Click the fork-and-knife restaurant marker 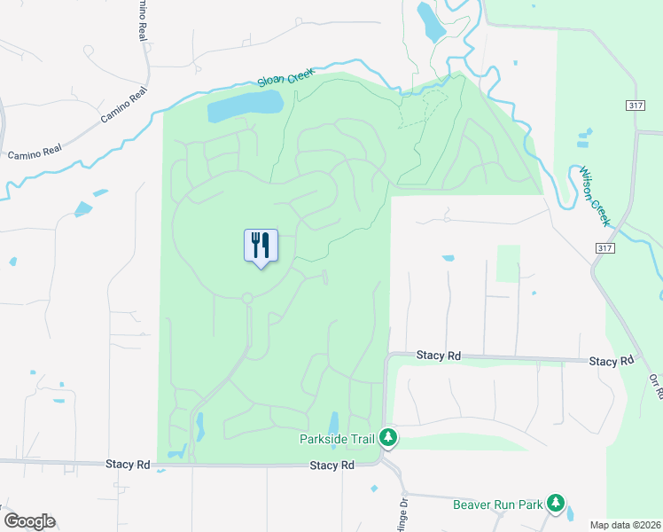click(x=261, y=246)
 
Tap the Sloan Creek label click(x=286, y=79)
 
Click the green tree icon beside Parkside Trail click(x=387, y=436)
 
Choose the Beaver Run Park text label click(x=497, y=505)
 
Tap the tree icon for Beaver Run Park click(x=556, y=504)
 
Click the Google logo click(x=29, y=521)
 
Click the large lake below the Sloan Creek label click(x=245, y=106)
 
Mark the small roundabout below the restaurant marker click(x=247, y=298)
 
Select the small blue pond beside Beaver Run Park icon click(x=569, y=512)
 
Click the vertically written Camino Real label click(x=140, y=20)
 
